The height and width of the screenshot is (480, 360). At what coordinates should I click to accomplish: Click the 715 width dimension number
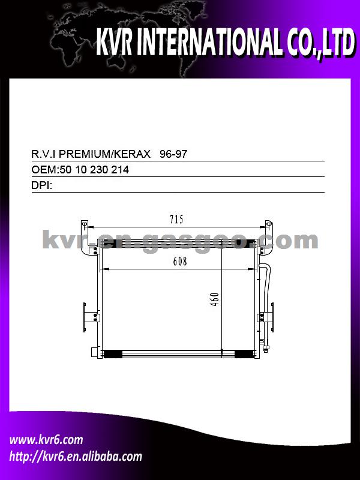(176, 219)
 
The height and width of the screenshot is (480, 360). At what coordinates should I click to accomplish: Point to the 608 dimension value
(179, 262)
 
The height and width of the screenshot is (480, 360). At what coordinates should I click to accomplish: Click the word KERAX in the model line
(133, 154)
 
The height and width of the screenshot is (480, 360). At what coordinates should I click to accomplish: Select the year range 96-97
(173, 154)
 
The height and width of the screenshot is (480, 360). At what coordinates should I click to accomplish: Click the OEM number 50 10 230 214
(94, 170)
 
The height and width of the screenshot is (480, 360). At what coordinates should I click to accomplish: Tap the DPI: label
(41, 185)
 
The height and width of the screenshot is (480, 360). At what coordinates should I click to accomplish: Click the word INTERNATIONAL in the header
(208, 42)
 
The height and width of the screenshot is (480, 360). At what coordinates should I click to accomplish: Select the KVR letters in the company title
(114, 42)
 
